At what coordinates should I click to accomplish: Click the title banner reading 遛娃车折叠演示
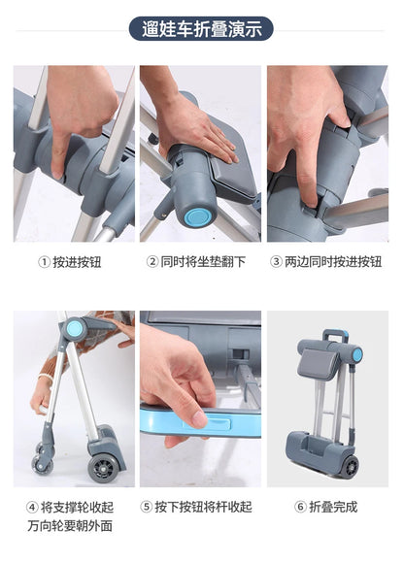pyautogui.click(x=201, y=28)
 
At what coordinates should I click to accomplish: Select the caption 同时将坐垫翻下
pyautogui.click(x=203, y=262)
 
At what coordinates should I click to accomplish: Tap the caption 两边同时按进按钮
pyautogui.click(x=334, y=262)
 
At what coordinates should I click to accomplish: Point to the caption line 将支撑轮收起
pyautogui.click(x=81, y=507)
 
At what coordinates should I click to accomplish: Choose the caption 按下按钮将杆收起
pyautogui.click(x=203, y=507)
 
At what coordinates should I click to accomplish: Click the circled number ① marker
pyautogui.click(x=43, y=262)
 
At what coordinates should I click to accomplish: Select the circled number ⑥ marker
pyautogui.click(x=300, y=507)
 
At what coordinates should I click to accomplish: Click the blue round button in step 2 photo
pyautogui.click(x=198, y=215)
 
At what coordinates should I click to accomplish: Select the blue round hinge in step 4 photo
pyautogui.click(x=74, y=330)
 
